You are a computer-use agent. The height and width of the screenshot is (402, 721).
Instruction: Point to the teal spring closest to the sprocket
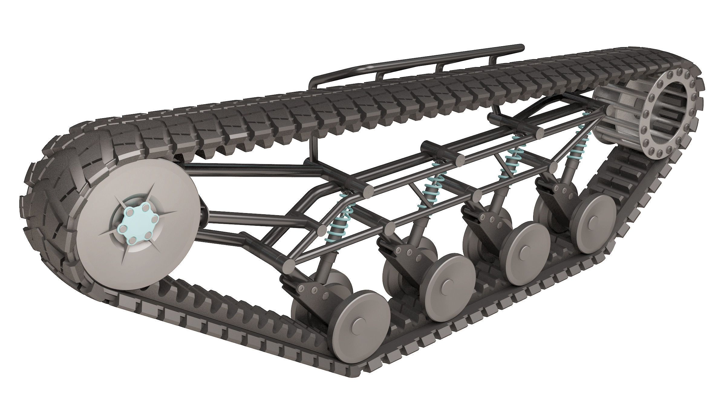pos(576,148)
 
